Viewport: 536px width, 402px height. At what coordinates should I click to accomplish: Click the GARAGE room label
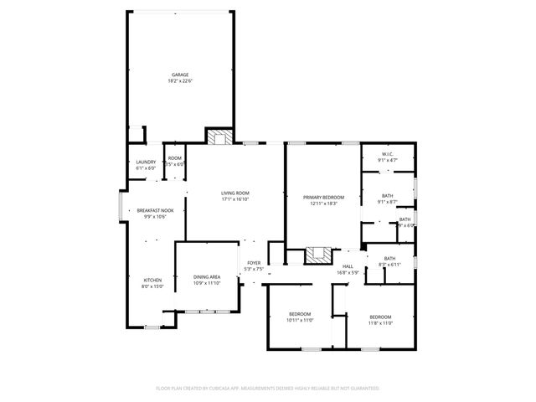tap(180, 75)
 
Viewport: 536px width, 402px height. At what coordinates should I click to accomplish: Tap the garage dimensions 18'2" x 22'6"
tap(180, 81)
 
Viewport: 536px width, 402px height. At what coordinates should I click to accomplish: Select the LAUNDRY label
tap(146, 162)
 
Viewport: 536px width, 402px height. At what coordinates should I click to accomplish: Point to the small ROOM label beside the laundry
tap(174, 158)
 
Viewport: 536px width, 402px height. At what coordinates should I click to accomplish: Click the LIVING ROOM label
tap(235, 193)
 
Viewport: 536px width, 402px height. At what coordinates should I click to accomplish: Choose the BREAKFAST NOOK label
tap(156, 210)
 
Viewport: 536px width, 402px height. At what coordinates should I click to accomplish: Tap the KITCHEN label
tap(152, 280)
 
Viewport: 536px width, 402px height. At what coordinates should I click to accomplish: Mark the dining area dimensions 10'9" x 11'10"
tap(207, 283)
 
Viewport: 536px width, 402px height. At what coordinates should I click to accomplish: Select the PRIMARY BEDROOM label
tap(323, 197)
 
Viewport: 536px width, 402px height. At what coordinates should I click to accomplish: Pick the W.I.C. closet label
tap(388, 153)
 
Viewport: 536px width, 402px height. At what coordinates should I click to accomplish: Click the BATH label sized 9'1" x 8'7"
tap(387, 195)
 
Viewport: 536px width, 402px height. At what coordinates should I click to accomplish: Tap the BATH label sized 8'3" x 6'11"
tap(389, 258)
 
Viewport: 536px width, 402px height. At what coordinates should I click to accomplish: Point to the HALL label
tap(347, 266)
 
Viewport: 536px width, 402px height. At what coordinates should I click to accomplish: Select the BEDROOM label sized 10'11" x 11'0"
tap(299, 315)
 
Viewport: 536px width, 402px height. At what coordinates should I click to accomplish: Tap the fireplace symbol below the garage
tap(219, 138)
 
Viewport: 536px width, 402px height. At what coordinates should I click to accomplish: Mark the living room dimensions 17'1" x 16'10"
tap(235, 199)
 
